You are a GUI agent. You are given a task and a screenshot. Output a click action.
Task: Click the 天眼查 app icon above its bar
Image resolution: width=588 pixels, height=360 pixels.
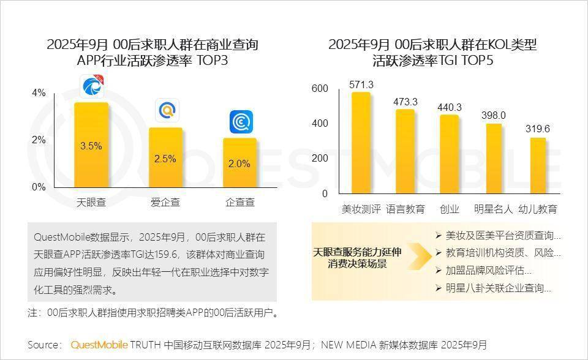[x=92, y=87]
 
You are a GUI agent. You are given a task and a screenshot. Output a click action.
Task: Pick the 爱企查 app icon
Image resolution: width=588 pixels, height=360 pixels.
[x=166, y=110]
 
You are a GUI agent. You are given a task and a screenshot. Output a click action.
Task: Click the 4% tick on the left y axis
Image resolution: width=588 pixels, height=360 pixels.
[x=39, y=93]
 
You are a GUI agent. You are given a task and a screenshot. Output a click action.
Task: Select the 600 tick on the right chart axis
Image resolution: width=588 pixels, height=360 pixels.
[x=320, y=89]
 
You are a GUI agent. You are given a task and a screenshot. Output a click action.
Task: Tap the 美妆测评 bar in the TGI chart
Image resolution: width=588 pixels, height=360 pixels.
[x=361, y=144]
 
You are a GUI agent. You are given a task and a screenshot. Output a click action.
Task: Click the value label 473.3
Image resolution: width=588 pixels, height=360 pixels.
[x=405, y=102]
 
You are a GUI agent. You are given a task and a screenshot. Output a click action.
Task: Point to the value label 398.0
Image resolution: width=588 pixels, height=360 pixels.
[x=493, y=115]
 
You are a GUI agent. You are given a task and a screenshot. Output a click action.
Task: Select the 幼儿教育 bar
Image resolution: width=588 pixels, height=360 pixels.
[x=538, y=165]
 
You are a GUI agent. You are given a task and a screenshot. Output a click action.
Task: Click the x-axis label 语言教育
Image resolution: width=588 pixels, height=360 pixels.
[x=405, y=209]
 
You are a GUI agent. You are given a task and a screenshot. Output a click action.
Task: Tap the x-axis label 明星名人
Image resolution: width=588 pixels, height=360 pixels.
[x=494, y=209]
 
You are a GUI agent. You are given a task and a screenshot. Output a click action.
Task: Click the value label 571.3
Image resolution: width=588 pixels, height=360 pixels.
[x=361, y=84]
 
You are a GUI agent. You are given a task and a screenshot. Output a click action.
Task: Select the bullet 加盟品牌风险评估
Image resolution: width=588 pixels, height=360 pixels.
[x=489, y=270]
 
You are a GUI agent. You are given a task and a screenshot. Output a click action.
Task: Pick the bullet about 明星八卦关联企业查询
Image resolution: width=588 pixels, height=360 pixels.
[x=499, y=287]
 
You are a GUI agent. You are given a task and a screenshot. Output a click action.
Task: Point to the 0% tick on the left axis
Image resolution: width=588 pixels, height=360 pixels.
[x=39, y=187]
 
